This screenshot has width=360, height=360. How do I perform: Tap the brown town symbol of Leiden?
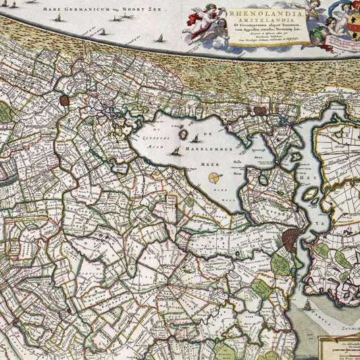(x=66, y=101)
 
